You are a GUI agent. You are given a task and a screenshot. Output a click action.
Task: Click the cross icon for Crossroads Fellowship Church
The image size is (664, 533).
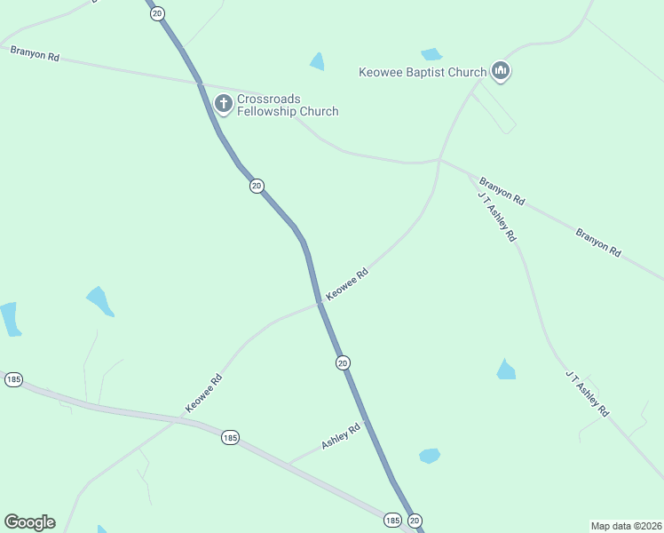point(223,104)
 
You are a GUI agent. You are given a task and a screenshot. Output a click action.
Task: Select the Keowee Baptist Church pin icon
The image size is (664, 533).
point(501,71)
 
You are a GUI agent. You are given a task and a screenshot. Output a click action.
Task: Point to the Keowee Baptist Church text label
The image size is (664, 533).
point(423,72)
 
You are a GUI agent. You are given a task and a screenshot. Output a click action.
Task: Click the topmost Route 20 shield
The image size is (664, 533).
point(157,14)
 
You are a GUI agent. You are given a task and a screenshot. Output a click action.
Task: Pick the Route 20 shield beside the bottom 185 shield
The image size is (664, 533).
point(415,520)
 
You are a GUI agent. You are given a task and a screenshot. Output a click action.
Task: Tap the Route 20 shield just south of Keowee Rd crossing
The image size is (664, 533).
point(343,362)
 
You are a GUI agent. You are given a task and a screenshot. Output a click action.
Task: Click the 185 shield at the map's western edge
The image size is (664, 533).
point(13,379)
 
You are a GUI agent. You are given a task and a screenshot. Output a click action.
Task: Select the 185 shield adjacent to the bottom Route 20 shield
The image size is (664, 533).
point(393,520)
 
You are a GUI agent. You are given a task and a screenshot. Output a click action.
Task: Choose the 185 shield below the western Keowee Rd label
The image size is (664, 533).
point(230,437)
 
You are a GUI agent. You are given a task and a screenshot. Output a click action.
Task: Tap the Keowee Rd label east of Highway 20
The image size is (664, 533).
point(347,284)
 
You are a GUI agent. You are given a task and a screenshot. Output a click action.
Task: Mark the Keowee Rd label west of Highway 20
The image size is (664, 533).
point(203,393)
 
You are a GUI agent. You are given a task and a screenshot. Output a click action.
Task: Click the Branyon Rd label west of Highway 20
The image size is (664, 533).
point(35,54)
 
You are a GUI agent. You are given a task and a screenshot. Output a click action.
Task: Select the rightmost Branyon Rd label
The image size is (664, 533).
point(597,243)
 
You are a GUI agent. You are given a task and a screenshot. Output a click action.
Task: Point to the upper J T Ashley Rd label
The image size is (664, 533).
point(496,217)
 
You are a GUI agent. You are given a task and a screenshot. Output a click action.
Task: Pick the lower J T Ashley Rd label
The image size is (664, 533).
point(587,394)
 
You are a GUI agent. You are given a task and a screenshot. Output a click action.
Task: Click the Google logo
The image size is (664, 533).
point(29,522)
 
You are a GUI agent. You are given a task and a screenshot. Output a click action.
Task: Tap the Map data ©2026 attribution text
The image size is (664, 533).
point(626,526)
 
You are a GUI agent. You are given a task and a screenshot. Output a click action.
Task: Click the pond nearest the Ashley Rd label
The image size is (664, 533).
point(430,456)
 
